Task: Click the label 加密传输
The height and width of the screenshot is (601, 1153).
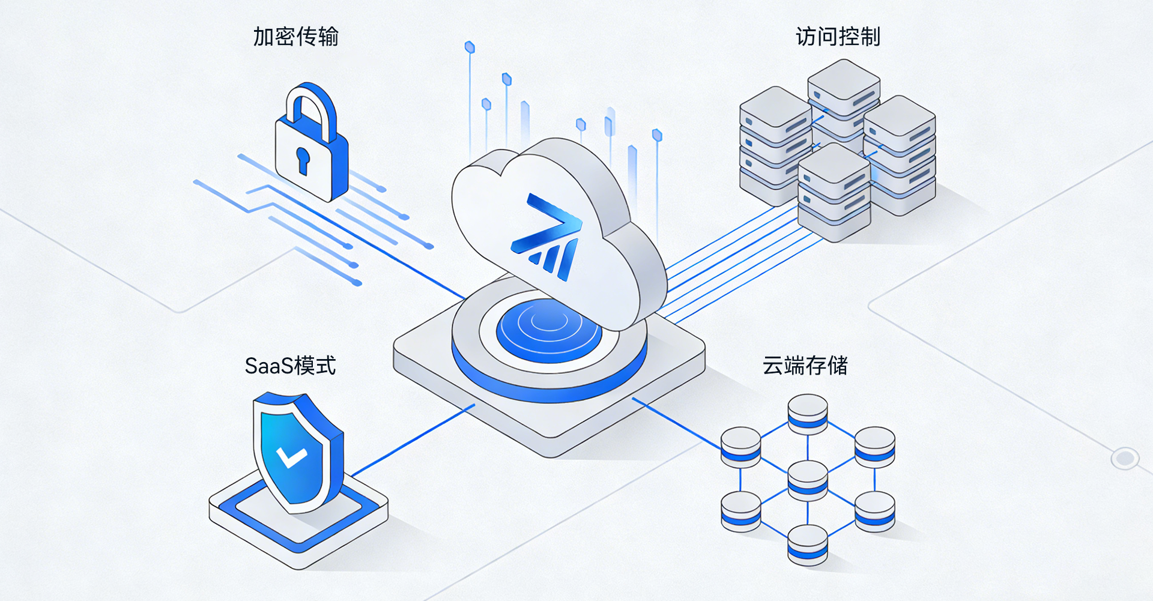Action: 295,37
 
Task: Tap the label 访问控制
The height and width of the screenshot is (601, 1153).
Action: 838,37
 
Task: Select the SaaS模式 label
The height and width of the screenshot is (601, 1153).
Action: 290,366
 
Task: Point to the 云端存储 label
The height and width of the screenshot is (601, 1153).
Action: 805,365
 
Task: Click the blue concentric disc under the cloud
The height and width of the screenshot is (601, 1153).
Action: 549,331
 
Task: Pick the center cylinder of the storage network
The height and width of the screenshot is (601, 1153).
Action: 808,481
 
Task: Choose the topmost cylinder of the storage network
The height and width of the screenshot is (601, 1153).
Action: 808,414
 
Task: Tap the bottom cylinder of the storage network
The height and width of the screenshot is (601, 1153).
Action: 808,545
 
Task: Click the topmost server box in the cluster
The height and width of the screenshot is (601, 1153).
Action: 844,89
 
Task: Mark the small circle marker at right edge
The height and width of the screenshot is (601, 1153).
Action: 1125,459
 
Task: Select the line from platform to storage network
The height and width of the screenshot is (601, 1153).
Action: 677,423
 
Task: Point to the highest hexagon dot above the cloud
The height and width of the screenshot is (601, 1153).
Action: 470,47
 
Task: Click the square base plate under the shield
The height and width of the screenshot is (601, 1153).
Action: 298,516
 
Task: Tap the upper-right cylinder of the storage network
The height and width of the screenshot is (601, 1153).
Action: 875,447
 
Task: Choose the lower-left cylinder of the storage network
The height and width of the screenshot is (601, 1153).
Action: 740,512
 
